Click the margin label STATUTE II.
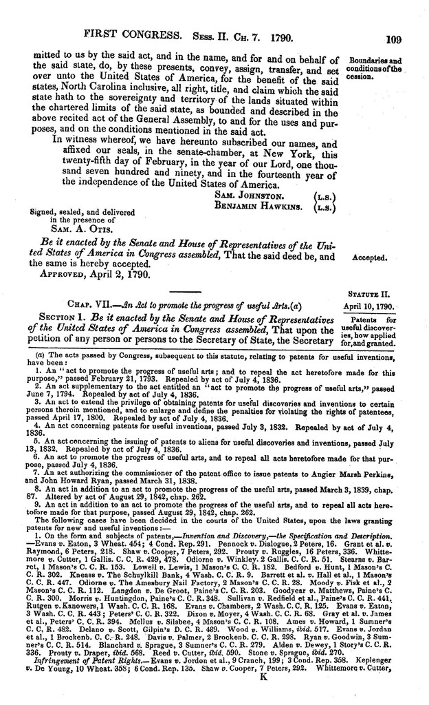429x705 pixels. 382,293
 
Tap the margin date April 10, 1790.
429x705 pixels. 374,304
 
